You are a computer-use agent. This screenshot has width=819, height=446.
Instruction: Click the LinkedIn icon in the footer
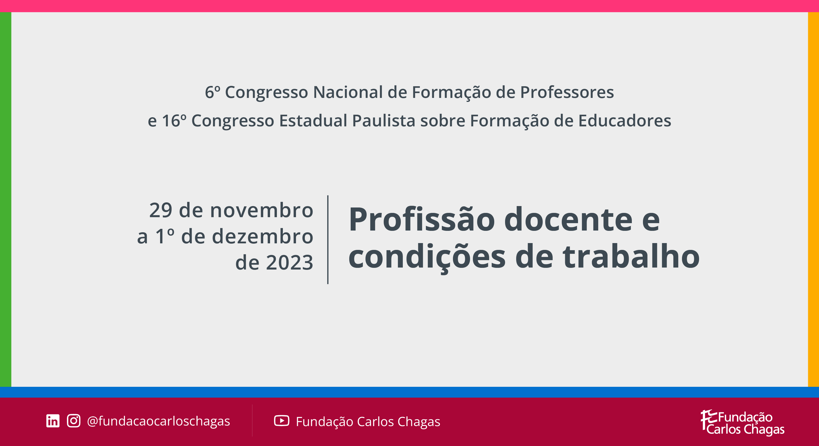(x=53, y=421)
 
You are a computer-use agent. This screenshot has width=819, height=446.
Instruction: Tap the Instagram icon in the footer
(x=73, y=421)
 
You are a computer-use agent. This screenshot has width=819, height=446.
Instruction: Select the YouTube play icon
(x=281, y=421)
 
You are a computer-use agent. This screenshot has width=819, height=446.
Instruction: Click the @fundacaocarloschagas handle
(x=158, y=421)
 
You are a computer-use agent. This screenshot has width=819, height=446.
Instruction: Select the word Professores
(x=567, y=92)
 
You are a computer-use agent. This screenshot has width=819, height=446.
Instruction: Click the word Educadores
(x=624, y=121)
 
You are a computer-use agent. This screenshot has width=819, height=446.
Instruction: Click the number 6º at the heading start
(x=213, y=92)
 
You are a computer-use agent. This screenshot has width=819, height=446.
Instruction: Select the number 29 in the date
(x=161, y=210)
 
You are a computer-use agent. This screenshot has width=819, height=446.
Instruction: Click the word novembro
(x=262, y=210)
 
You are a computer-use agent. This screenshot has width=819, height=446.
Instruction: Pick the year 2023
(x=290, y=263)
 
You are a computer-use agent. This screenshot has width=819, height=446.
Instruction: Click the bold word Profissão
(x=422, y=219)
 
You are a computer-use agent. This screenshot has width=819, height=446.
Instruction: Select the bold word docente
(x=569, y=219)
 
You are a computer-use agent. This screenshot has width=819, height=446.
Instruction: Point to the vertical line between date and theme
(x=328, y=240)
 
